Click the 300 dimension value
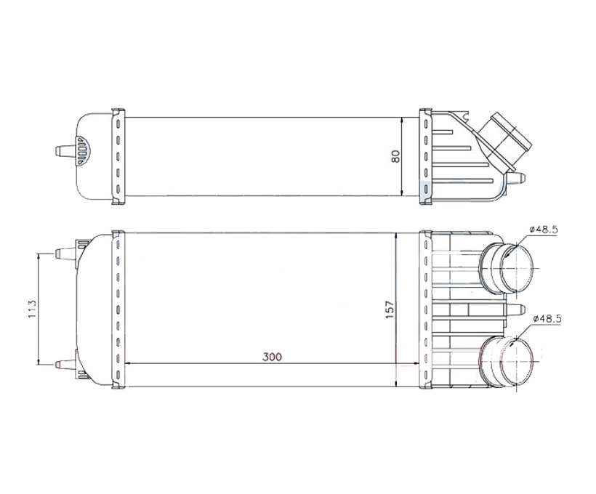pyautogui.click(x=272, y=357)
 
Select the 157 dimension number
pyautogui.click(x=390, y=309)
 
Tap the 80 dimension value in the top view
pyautogui.click(x=395, y=156)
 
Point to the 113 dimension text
pyautogui.click(x=32, y=309)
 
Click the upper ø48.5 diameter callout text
pyautogui.click(x=543, y=229)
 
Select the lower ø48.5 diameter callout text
pyautogui.click(x=547, y=319)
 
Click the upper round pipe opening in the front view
pyautogui.click(x=516, y=268)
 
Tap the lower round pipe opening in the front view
pyautogui.click(x=517, y=360)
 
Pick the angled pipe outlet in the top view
pyautogui.click(x=504, y=142)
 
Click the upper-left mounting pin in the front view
pyautogui.click(x=66, y=254)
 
